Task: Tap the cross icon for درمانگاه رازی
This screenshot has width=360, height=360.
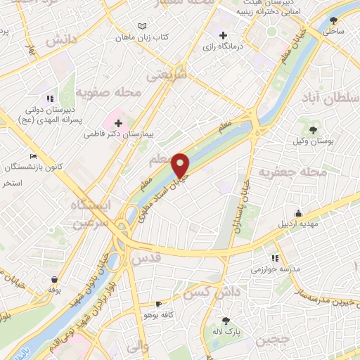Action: click(223, 35)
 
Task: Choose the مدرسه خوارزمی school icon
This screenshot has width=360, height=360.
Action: click(275, 258)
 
